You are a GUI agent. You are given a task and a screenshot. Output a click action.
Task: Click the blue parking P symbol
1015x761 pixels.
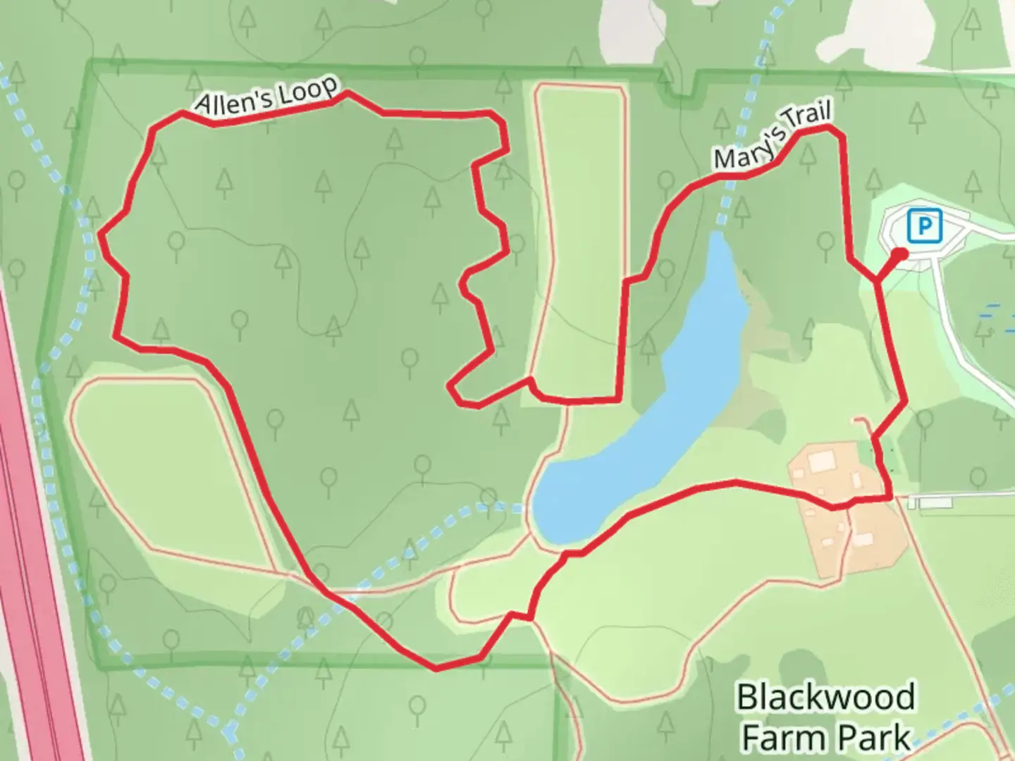click(x=925, y=227)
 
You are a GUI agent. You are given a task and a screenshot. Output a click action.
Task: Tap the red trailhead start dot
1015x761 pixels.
click(x=900, y=254)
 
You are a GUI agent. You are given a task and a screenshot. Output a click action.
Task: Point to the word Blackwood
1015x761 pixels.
click(x=825, y=698)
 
